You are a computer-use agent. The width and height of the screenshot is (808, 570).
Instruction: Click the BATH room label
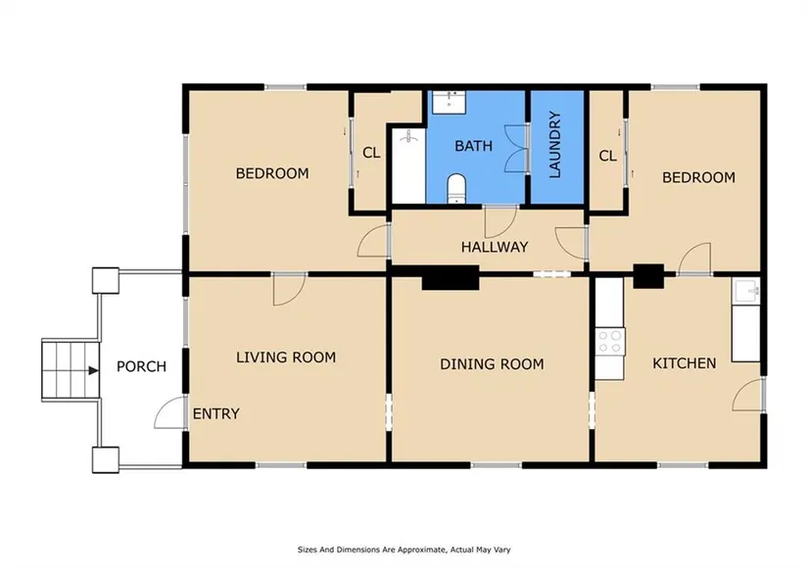(473, 146)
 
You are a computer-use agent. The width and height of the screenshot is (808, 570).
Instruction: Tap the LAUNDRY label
(554, 145)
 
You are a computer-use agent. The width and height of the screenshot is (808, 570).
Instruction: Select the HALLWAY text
(495, 248)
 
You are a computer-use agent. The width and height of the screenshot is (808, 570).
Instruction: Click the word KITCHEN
(684, 363)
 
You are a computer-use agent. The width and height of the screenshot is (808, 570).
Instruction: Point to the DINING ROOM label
(492, 364)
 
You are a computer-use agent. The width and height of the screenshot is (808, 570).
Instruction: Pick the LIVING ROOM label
(286, 357)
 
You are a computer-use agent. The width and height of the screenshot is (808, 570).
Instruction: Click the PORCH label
(141, 366)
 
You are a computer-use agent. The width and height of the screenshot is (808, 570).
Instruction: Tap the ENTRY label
(215, 414)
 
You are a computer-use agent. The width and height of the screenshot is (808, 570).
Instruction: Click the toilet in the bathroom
(456, 188)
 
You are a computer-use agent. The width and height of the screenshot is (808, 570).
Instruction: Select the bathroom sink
(449, 102)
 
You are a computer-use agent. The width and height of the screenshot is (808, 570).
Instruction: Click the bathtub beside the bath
(408, 166)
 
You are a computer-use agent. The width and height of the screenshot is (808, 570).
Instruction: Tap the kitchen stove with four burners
(610, 342)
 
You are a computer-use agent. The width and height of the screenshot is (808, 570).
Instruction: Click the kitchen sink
(745, 292)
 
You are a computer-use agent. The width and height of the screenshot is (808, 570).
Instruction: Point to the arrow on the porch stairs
(93, 370)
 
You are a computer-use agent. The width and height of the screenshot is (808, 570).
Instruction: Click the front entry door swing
(170, 413)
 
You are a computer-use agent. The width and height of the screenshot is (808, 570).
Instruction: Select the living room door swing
(290, 290)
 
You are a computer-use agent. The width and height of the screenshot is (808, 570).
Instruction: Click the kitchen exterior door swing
(747, 395)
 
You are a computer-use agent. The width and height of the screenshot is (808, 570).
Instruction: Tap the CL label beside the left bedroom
(371, 153)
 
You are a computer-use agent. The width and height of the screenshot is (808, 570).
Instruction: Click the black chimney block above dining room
(451, 278)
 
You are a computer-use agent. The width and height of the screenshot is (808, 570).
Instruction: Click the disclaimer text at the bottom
(404, 549)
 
